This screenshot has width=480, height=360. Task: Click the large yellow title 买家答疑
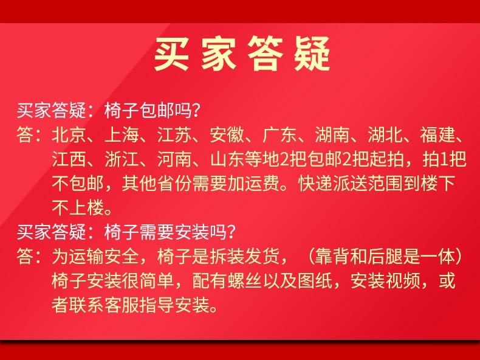tap(242, 54)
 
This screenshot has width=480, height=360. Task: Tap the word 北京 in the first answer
tap(69, 135)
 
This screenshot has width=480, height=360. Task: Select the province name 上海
tap(122, 135)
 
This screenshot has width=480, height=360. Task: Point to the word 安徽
tap(227, 135)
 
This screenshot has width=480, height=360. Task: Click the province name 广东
tap(279, 135)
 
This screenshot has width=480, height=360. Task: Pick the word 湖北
tap(385, 135)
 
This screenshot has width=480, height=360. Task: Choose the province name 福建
tap(437, 135)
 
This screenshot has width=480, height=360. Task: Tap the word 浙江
tap(122, 159)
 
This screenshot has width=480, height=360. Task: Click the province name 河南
tap(174, 159)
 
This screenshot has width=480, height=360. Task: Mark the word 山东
tap(227, 159)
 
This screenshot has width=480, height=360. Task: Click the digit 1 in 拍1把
tap(444, 159)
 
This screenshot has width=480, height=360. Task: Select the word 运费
tap(262, 184)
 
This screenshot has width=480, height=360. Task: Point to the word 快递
tap(315, 184)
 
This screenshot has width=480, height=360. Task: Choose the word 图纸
tap(315, 281)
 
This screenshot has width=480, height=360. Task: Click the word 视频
tap(403, 281)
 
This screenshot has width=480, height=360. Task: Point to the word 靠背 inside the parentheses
tap(333, 256)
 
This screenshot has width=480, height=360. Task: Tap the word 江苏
tap(174, 135)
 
